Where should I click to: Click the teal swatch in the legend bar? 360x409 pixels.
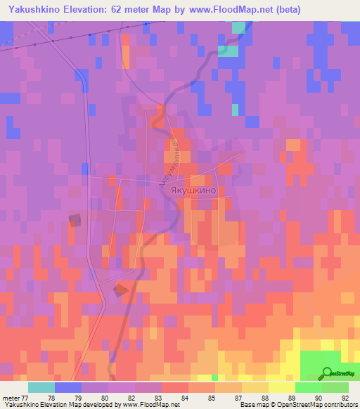click(41, 387)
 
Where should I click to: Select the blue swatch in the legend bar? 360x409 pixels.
click(68, 387)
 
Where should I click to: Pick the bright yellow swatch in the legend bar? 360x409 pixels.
click(281, 387)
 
